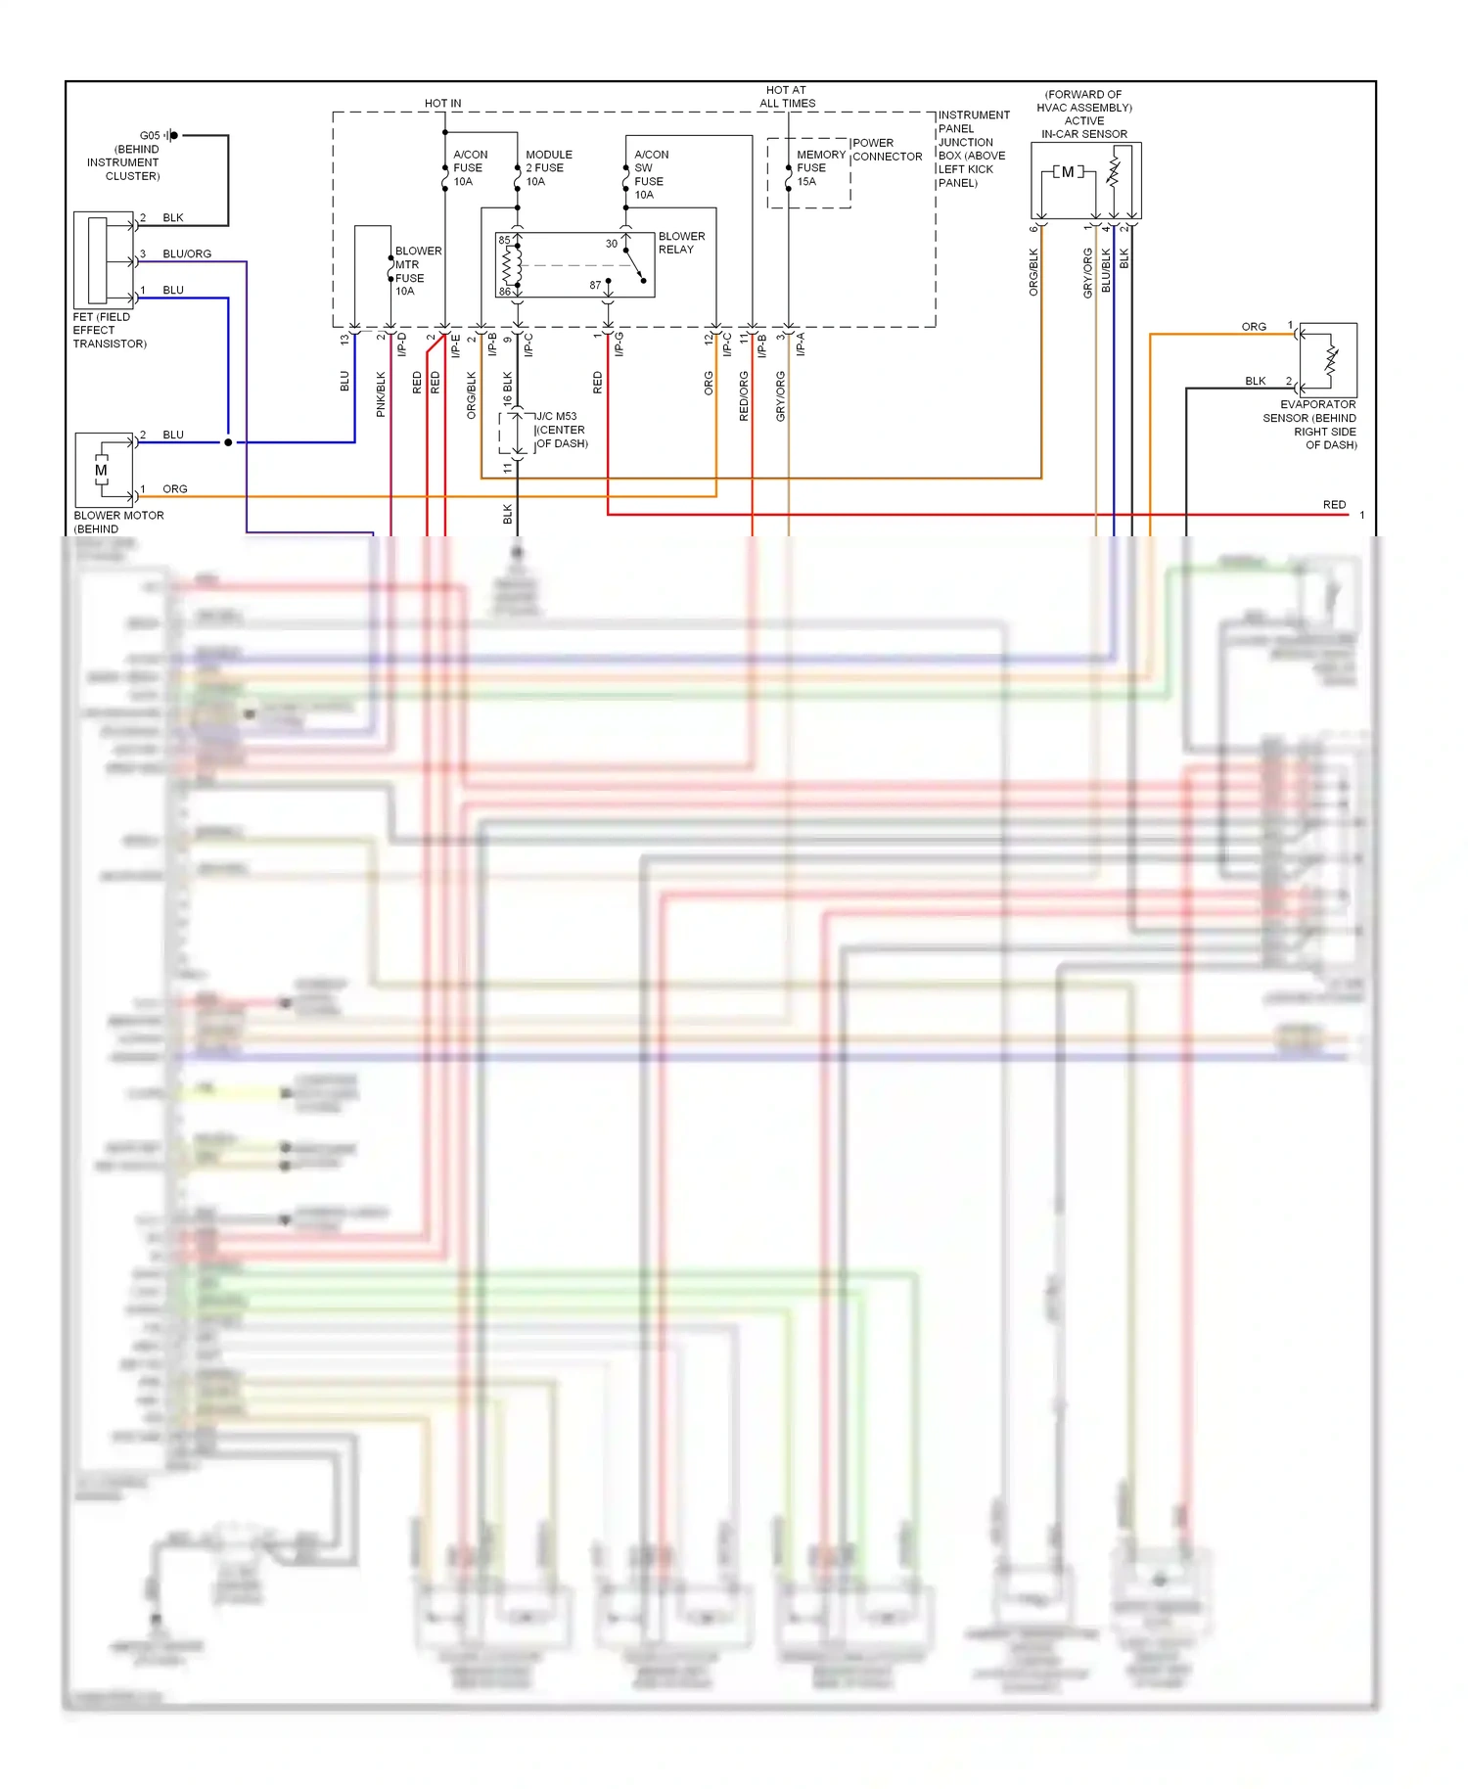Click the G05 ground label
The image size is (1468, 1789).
149,135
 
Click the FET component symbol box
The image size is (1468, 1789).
103,260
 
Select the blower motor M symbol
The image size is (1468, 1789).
102,471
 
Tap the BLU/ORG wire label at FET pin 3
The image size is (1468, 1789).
187,253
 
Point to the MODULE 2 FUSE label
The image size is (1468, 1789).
548,167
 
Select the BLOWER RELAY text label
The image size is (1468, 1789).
681,243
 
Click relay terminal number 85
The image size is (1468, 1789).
504,240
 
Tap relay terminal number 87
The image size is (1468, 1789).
595,285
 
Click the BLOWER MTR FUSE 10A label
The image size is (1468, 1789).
417,271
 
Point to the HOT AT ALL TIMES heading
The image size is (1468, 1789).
787,96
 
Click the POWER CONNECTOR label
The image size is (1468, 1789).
886,150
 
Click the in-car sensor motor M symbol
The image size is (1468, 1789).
1067,172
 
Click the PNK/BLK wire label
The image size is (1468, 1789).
381,394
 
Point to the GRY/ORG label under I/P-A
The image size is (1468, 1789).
780,396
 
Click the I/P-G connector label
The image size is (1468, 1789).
619,344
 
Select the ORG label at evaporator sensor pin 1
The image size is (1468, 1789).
1254,327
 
